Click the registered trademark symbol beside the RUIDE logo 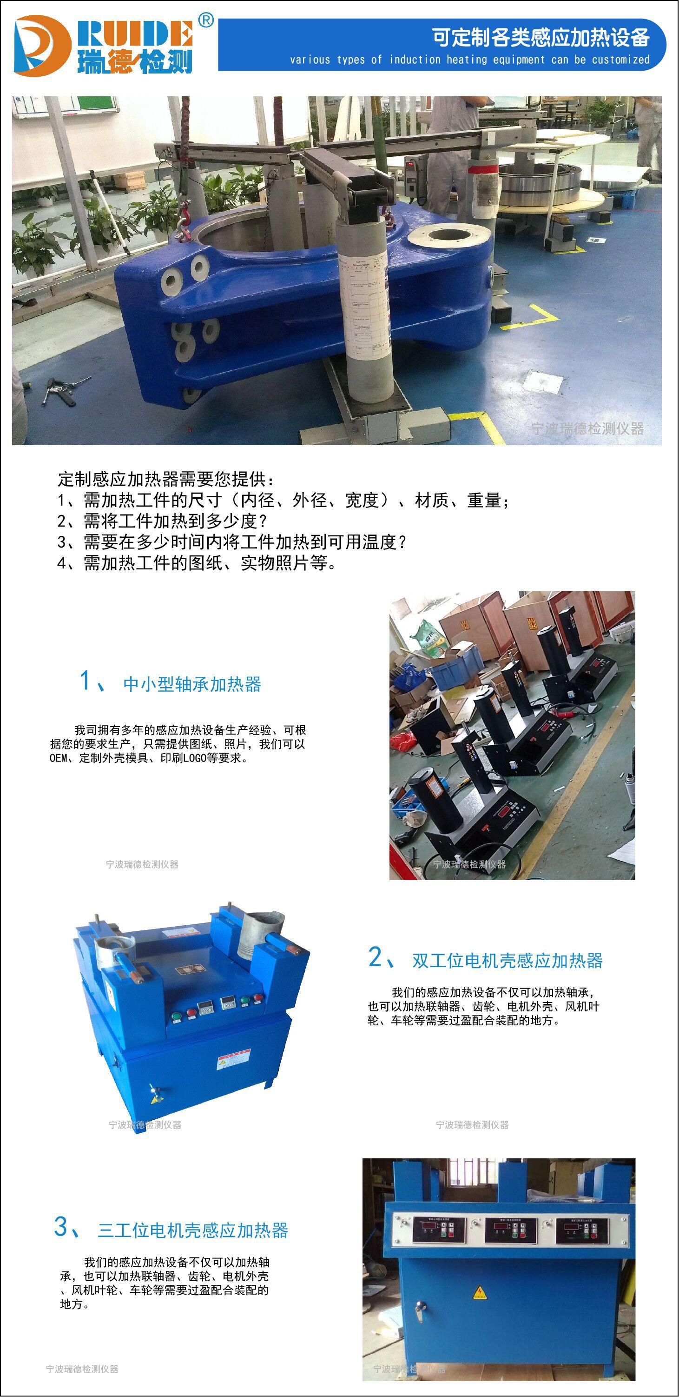tap(206, 20)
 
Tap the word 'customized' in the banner tap(620, 60)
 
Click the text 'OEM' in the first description tap(58, 758)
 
